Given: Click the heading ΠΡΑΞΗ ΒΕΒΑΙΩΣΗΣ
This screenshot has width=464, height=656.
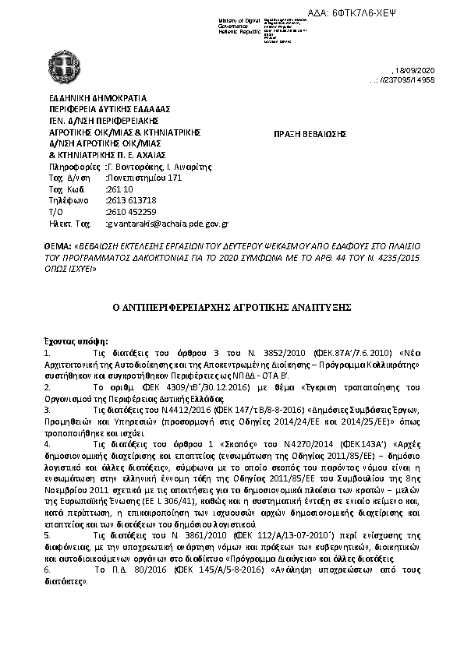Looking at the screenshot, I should [x=310, y=134].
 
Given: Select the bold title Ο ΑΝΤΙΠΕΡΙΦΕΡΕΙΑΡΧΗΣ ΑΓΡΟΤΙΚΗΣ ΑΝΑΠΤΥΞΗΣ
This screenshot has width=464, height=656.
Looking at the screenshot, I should [x=232, y=309].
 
